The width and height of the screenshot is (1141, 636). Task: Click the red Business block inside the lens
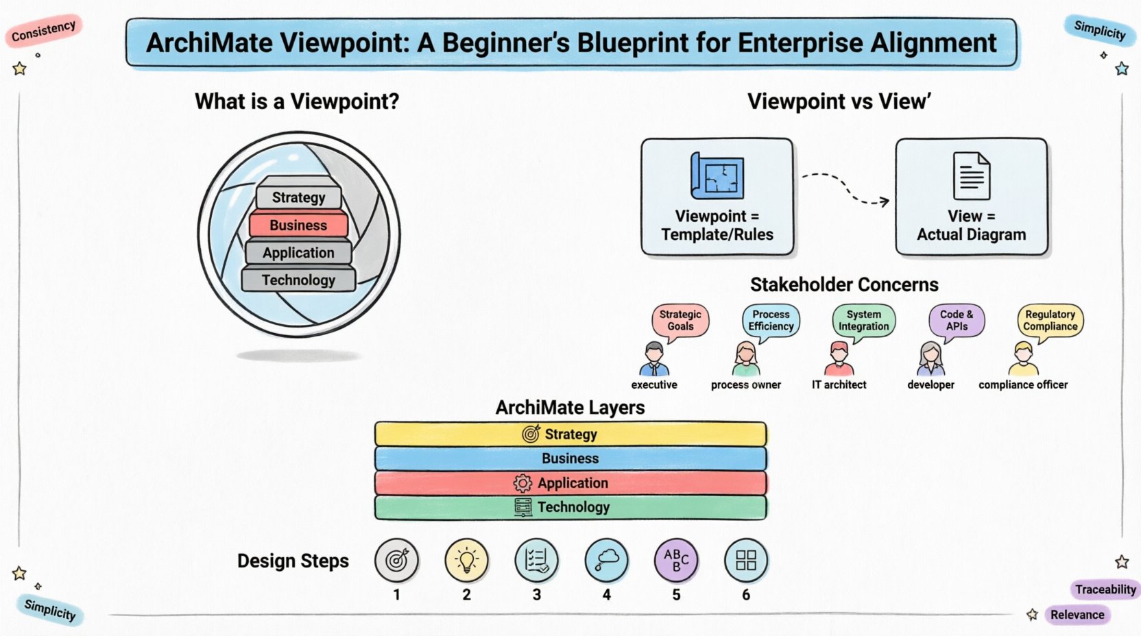(x=298, y=225)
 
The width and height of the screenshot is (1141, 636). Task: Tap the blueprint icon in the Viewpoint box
(x=717, y=176)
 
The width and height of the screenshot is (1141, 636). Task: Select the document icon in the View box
(x=971, y=176)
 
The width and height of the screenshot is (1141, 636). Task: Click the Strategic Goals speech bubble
(x=680, y=320)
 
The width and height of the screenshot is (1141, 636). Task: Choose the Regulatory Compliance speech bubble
(x=1050, y=320)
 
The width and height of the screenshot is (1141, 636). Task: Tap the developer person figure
(x=930, y=358)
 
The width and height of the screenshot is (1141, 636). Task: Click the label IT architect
(x=839, y=385)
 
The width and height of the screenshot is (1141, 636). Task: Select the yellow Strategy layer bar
(x=570, y=434)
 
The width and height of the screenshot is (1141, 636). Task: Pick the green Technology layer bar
(x=570, y=507)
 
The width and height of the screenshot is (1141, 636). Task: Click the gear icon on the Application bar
(x=523, y=483)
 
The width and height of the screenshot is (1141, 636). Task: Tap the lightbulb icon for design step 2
(x=466, y=560)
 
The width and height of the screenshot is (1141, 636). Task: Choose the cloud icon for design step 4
(x=606, y=560)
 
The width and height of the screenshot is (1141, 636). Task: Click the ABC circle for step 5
(x=676, y=560)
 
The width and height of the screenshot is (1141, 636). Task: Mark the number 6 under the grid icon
(x=746, y=595)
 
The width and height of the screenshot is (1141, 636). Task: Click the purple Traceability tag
(x=1105, y=589)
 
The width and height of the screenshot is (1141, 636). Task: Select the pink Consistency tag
(x=44, y=30)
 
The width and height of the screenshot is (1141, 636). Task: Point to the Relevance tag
(x=1077, y=615)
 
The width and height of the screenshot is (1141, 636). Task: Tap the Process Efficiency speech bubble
(x=771, y=320)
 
